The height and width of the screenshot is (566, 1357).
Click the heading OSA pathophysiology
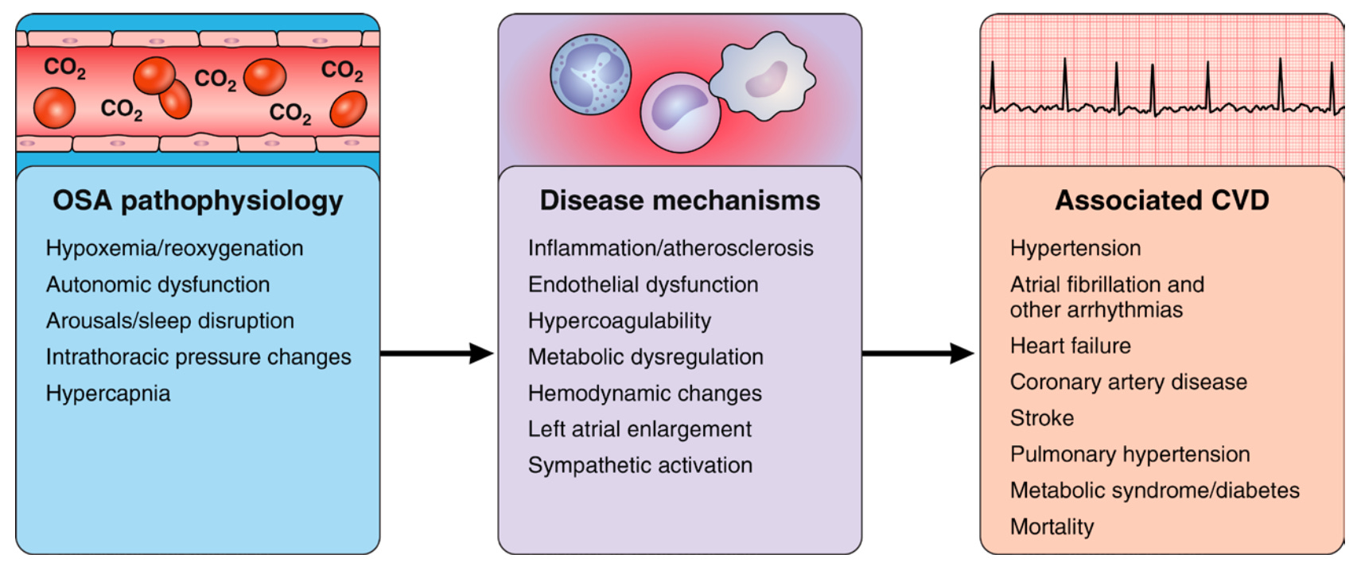coord(197,201)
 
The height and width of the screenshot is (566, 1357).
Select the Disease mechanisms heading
coord(680,200)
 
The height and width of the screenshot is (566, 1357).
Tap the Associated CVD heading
coord(1162,200)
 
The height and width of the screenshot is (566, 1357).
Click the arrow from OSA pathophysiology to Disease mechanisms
coord(437,353)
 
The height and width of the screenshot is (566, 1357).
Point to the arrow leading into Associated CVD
coord(918,353)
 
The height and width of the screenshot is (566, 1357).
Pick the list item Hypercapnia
coord(108,394)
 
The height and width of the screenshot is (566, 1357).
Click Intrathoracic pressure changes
coord(199,357)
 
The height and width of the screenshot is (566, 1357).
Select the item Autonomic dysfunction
coord(158,285)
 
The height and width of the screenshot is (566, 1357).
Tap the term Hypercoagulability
coord(619,321)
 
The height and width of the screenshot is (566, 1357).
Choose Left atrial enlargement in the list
coord(640,429)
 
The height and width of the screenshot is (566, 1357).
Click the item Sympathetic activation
coord(640,466)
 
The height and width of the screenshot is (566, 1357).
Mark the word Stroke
coord(1042,418)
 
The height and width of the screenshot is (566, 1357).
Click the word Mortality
coord(1052,527)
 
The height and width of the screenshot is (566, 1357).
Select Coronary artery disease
coord(1129,382)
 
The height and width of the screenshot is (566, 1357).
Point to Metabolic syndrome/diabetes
coord(1155,490)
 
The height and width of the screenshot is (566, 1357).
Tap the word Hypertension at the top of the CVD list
coord(1075,249)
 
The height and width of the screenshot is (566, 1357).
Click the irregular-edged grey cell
coord(763,75)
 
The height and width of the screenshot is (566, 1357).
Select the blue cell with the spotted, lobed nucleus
coord(591,75)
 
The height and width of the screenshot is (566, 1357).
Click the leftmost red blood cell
coord(55,108)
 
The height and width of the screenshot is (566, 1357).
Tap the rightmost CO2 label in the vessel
coord(342,70)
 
